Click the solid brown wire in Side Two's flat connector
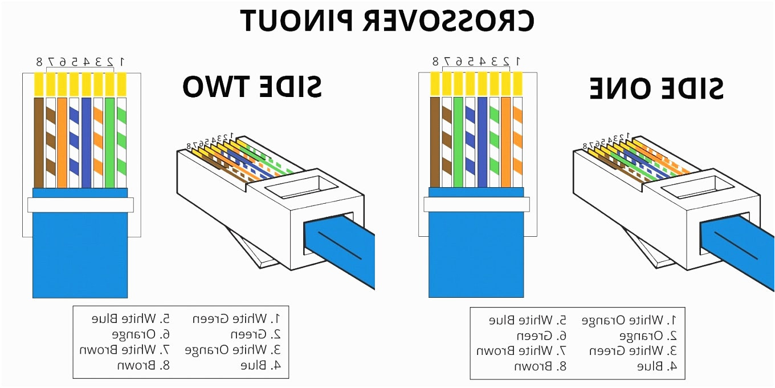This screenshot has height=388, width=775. [x=39, y=143]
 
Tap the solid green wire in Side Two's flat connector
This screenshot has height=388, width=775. [x=110, y=143]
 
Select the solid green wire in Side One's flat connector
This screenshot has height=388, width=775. [x=458, y=143]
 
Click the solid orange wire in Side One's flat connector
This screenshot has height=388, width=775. [x=505, y=143]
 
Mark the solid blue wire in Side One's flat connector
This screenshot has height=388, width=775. [x=482, y=143]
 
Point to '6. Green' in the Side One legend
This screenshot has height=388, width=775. [x=541, y=336]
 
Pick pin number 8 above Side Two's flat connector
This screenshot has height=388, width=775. [x=39, y=61]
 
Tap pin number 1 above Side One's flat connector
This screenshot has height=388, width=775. [x=517, y=60]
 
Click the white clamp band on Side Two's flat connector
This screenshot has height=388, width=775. [x=80, y=205]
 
